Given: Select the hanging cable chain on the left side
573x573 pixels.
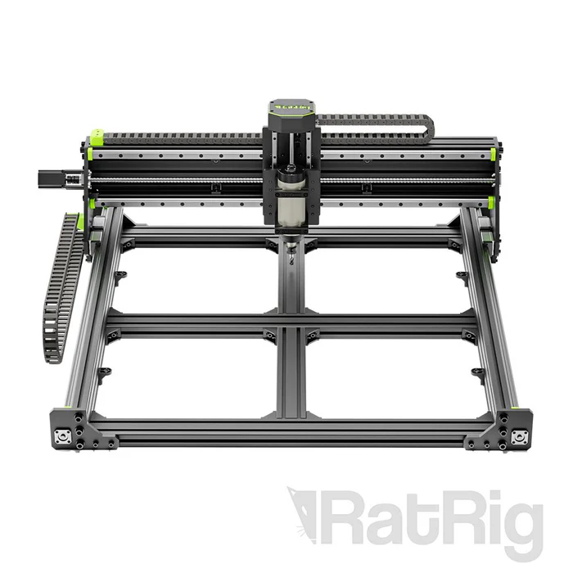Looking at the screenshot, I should [x=62, y=286].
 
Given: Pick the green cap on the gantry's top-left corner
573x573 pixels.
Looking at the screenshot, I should [x=97, y=135].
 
